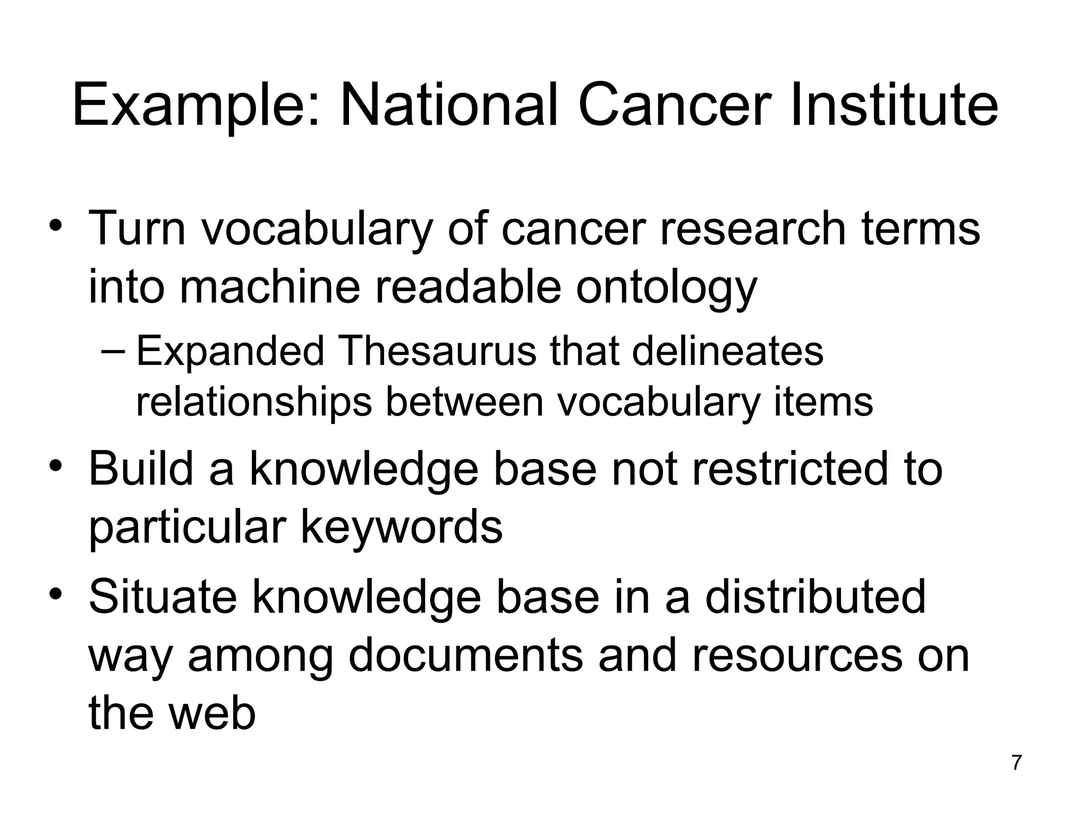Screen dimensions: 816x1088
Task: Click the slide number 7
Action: tap(1016, 762)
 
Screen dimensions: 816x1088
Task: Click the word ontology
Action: tap(666, 288)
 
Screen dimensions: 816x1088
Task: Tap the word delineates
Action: tap(727, 352)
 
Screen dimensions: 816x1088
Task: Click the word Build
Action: tap(140, 469)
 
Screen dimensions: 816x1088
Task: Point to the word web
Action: tap(212, 713)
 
